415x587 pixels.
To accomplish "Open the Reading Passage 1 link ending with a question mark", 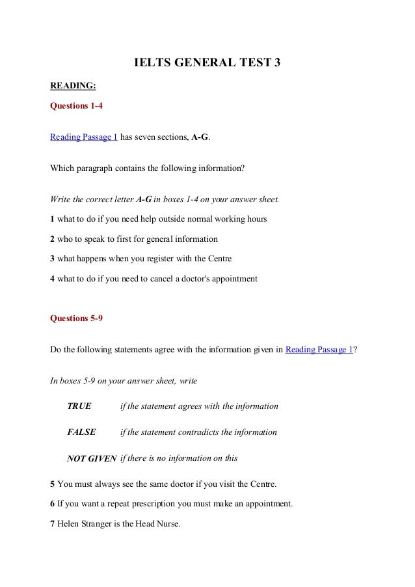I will coord(319,349).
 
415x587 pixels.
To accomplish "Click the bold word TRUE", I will coord(79,406).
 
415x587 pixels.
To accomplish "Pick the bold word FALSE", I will coord(81,432).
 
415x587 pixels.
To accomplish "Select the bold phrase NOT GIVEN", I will coord(92,458).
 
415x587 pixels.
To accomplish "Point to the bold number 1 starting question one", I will coord(53,218).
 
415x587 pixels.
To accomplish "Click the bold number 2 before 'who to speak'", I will coord(53,239).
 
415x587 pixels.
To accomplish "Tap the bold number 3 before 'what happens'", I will coord(53,259).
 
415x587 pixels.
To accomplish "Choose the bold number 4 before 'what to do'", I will coord(53,279).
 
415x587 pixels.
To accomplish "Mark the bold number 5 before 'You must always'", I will coord(53,484).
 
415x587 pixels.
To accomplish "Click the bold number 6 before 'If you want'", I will coord(53,504).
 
